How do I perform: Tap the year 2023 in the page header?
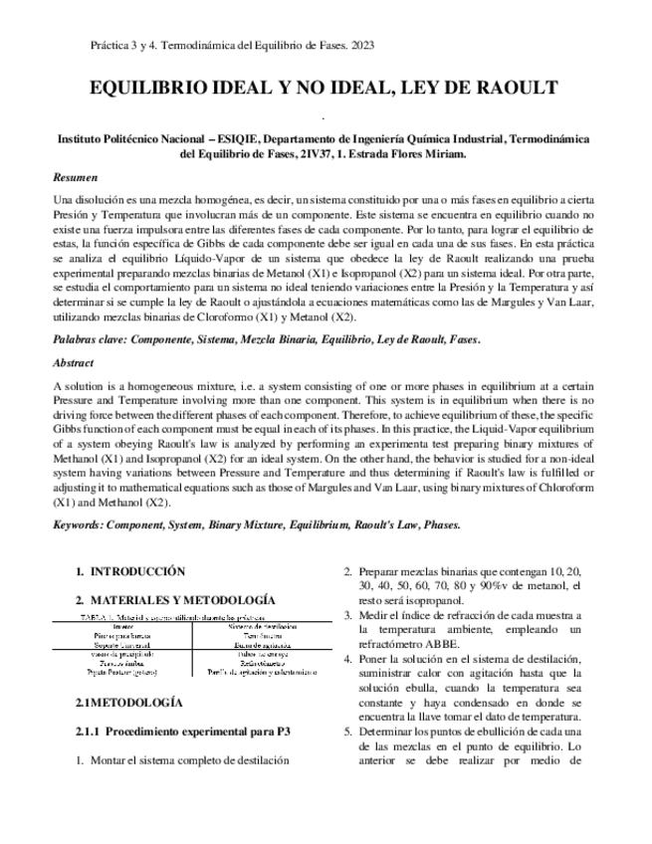(359, 46)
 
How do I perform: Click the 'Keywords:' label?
(80, 525)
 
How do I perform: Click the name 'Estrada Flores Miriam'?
(409, 154)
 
